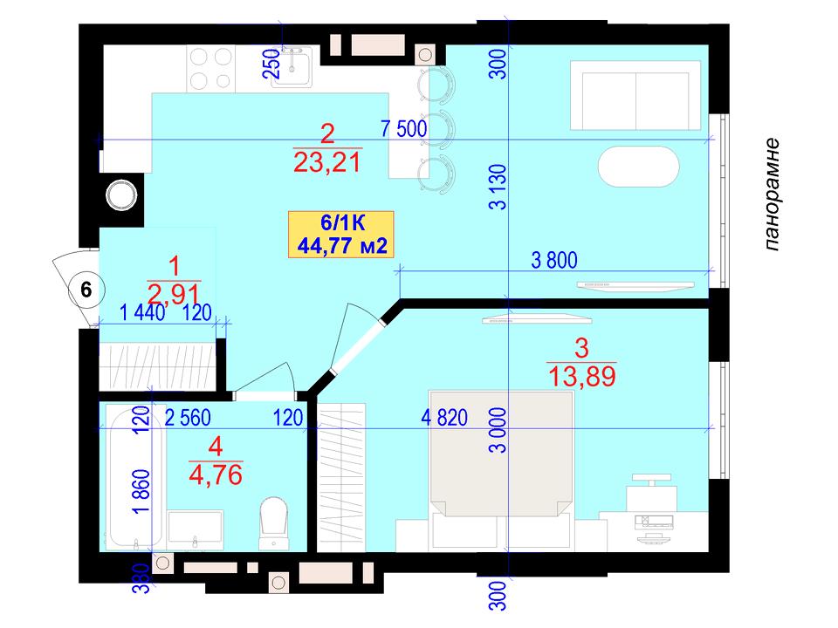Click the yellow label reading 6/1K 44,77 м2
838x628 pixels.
point(341,235)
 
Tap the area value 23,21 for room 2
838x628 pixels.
point(327,162)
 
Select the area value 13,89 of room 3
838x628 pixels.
point(582,377)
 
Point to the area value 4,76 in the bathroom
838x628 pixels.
point(216,474)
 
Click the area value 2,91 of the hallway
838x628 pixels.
point(174,294)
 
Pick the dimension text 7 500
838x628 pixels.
point(403,129)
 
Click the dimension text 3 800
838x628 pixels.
point(554,261)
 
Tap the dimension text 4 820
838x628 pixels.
point(444,418)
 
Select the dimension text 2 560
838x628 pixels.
point(188,418)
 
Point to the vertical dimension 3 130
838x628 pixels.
point(498,187)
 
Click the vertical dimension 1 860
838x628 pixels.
point(142,492)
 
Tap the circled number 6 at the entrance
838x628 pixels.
point(86,290)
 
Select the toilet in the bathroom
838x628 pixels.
point(273,523)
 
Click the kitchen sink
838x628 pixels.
point(292,66)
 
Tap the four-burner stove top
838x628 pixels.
point(211,69)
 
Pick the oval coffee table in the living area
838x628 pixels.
point(638,167)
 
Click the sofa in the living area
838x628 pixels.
point(635,95)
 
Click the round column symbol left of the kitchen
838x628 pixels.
point(121,195)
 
